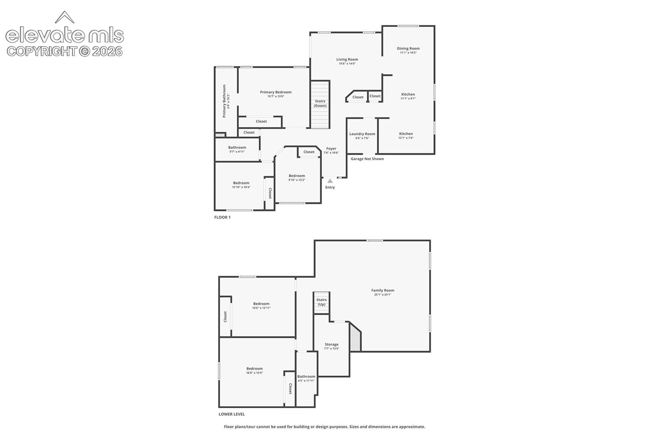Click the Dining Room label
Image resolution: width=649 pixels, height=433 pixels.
coord(408,49)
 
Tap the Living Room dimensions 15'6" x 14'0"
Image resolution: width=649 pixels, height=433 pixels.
coord(347,63)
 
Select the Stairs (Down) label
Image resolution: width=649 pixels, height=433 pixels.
coord(320,103)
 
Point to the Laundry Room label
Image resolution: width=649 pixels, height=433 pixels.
coord(362,134)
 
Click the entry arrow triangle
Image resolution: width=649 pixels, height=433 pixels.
coord(330,181)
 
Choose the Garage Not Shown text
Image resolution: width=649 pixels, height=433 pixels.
coord(367,159)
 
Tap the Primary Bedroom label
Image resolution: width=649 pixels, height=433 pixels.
coord(276,92)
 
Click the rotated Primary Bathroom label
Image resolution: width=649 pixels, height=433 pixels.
coord(224,101)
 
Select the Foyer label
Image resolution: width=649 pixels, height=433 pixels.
coord(331,148)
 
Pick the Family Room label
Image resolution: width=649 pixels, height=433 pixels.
coord(383,290)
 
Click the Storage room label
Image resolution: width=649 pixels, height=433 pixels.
coord(331,344)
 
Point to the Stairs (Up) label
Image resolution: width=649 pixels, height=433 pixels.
coord(322,302)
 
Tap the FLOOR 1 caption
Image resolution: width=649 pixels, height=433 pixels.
coord(222,217)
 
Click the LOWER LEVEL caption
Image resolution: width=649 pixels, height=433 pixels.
coord(232,414)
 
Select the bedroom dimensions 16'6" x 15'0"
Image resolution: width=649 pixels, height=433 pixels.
coord(254,373)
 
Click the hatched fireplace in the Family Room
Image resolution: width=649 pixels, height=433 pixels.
coord(355,338)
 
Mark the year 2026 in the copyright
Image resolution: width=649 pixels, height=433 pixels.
coord(107,51)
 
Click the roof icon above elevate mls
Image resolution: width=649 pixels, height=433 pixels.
coord(64,17)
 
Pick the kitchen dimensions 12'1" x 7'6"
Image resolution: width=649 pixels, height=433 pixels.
coord(406,138)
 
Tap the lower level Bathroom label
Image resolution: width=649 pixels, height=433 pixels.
coord(306,376)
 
